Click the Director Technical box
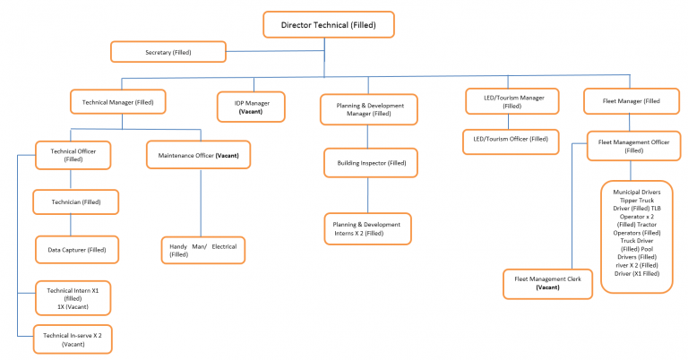329,24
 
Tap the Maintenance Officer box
198,156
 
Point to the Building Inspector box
372,163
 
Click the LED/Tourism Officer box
511,140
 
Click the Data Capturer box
77,250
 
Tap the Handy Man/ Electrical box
204,250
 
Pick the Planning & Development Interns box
366,227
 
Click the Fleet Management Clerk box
548,283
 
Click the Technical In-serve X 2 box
73,339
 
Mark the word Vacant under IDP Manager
252,114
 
